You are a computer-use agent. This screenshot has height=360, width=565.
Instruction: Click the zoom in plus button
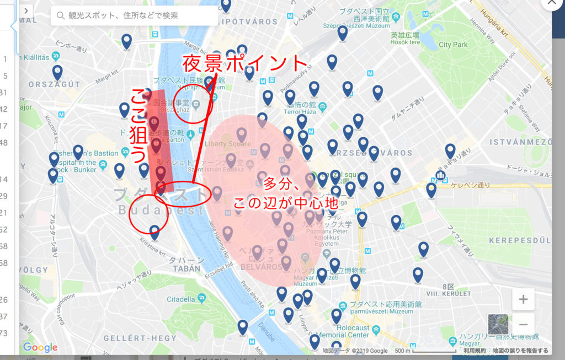tap(523, 300)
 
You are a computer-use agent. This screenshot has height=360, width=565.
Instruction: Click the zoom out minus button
tap(523, 324)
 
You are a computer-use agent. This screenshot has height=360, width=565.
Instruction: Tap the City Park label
tap(453, 45)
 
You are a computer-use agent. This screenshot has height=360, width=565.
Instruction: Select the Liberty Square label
tap(227, 144)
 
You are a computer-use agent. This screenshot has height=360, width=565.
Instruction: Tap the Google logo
tap(40, 347)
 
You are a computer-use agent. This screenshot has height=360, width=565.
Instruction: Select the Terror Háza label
tap(282, 111)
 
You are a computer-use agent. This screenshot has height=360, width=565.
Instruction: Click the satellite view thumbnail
tap(498, 324)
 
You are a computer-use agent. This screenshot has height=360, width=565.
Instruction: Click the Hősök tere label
tap(406, 42)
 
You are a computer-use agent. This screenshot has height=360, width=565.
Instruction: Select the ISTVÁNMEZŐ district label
tap(521, 142)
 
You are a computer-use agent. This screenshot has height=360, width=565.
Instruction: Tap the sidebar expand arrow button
tap(26, 10)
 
